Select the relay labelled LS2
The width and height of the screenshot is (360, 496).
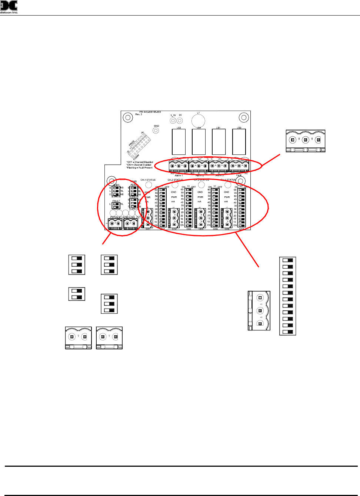click(179, 142)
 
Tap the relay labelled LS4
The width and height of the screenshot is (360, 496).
click(199, 142)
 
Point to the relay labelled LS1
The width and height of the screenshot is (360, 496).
click(219, 142)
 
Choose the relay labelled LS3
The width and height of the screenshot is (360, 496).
click(239, 142)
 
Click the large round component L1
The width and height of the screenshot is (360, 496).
click(198, 121)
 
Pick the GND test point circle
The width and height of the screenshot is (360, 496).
click(156, 130)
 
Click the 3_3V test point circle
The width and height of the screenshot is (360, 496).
click(173, 121)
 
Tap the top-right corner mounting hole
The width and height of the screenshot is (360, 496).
click(244, 118)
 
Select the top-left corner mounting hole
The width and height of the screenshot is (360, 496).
click(128, 118)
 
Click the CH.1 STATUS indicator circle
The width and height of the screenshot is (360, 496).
click(149, 184)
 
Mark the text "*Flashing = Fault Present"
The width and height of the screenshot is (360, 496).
click(139, 168)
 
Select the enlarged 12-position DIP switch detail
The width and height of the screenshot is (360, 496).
click(287, 296)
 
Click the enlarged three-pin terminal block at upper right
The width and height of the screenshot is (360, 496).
click(306, 141)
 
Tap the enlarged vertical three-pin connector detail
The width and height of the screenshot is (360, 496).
click(259, 310)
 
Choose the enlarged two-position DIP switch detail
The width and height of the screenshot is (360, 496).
click(77, 294)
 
